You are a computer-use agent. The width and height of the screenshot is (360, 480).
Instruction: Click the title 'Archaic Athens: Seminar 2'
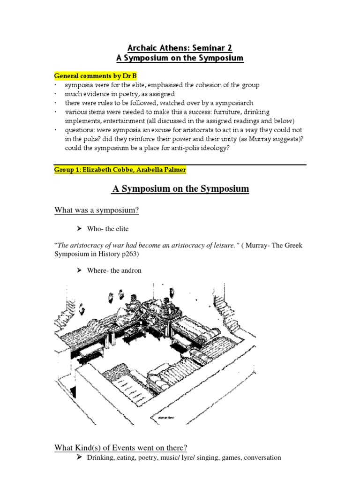coord(180,48)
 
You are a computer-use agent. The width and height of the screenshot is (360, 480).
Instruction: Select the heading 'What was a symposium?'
coord(97,210)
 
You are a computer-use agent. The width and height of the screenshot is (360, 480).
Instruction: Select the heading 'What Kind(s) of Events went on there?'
coord(120,448)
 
